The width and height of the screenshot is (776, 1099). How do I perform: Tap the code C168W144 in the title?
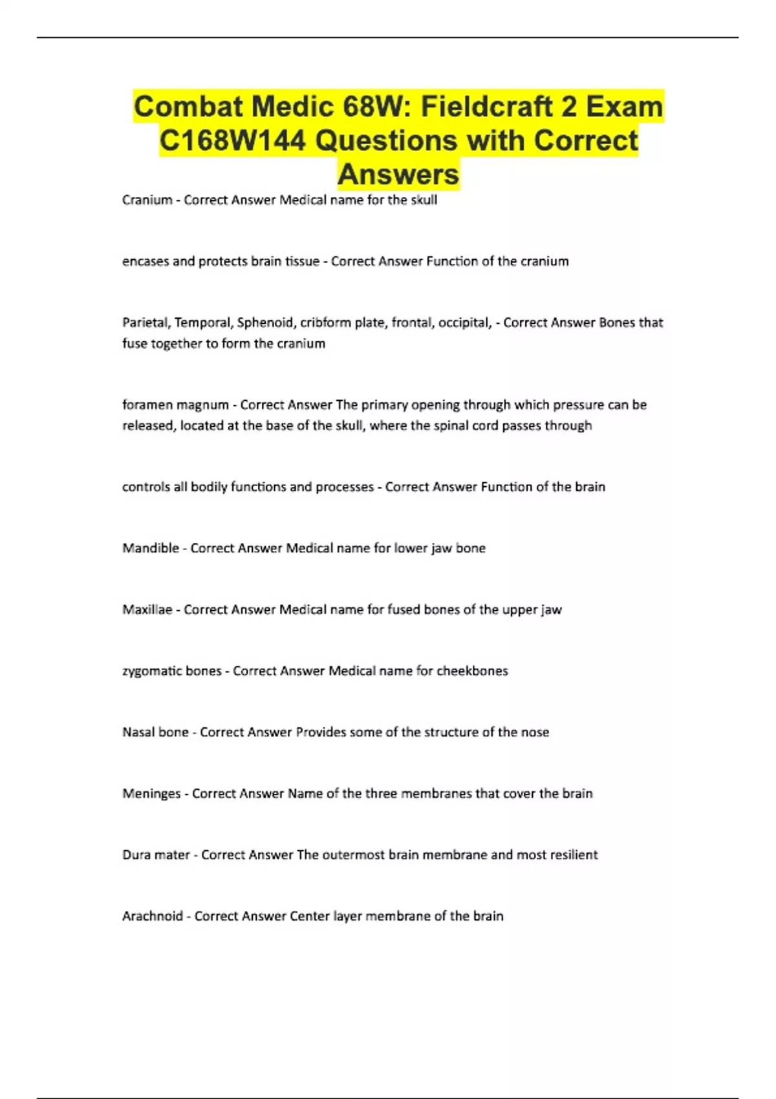[x=232, y=140]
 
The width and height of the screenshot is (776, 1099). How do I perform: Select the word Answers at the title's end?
[x=398, y=174]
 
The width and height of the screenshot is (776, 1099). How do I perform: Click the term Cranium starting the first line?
[x=147, y=200]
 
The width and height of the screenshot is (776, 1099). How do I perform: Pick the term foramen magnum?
[x=175, y=405]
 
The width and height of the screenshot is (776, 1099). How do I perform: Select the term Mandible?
[x=150, y=548]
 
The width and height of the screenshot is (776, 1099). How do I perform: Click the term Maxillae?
[x=147, y=610]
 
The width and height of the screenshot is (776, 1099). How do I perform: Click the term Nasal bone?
[x=155, y=732]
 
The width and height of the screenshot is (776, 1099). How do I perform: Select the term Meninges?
[x=151, y=794]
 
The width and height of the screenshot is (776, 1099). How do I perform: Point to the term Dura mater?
[x=156, y=855]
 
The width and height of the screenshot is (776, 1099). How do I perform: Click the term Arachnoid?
[x=153, y=916]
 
